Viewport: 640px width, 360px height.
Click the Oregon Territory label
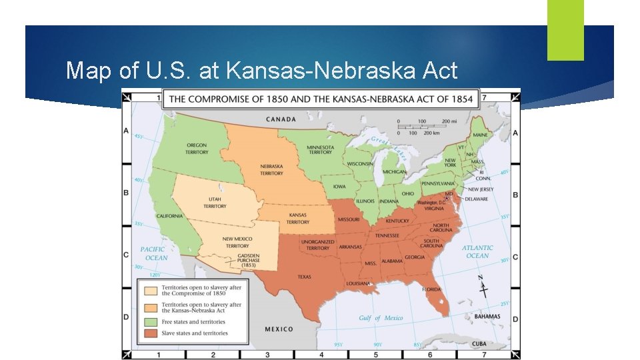[197, 148]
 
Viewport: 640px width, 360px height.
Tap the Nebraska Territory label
[271, 169]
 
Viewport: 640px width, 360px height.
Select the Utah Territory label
[215, 203]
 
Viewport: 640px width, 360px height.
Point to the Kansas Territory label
[298, 219]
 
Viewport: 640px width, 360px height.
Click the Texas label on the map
[304, 277]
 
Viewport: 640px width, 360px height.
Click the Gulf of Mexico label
[381, 318]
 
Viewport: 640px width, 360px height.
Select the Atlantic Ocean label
[477, 251]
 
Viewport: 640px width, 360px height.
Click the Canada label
[281, 119]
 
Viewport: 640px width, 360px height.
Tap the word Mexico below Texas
[279, 329]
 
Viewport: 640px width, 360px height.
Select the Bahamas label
[487, 317]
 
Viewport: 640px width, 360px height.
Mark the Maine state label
[480, 135]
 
